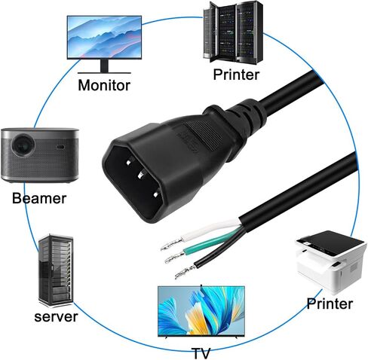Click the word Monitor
click(x=104, y=85)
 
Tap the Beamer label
click(x=39, y=198)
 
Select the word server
click(x=56, y=316)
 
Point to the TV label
click(x=201, y=353)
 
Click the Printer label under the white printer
click(x=330, y=304)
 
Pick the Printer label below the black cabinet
click(x=236, y=75)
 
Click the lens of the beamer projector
click(x=23, y=145)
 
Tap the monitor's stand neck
click(x=104, y=66)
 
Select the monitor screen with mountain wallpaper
click(x=104, y=38)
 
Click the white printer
click(x=331, y=262)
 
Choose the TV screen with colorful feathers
click(x=201, y=311)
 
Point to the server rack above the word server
click(x=56, y=270)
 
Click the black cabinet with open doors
click(x=233, y=32)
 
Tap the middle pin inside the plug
click(x=140, y=174)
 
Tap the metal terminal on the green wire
click(x=174, y=258)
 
